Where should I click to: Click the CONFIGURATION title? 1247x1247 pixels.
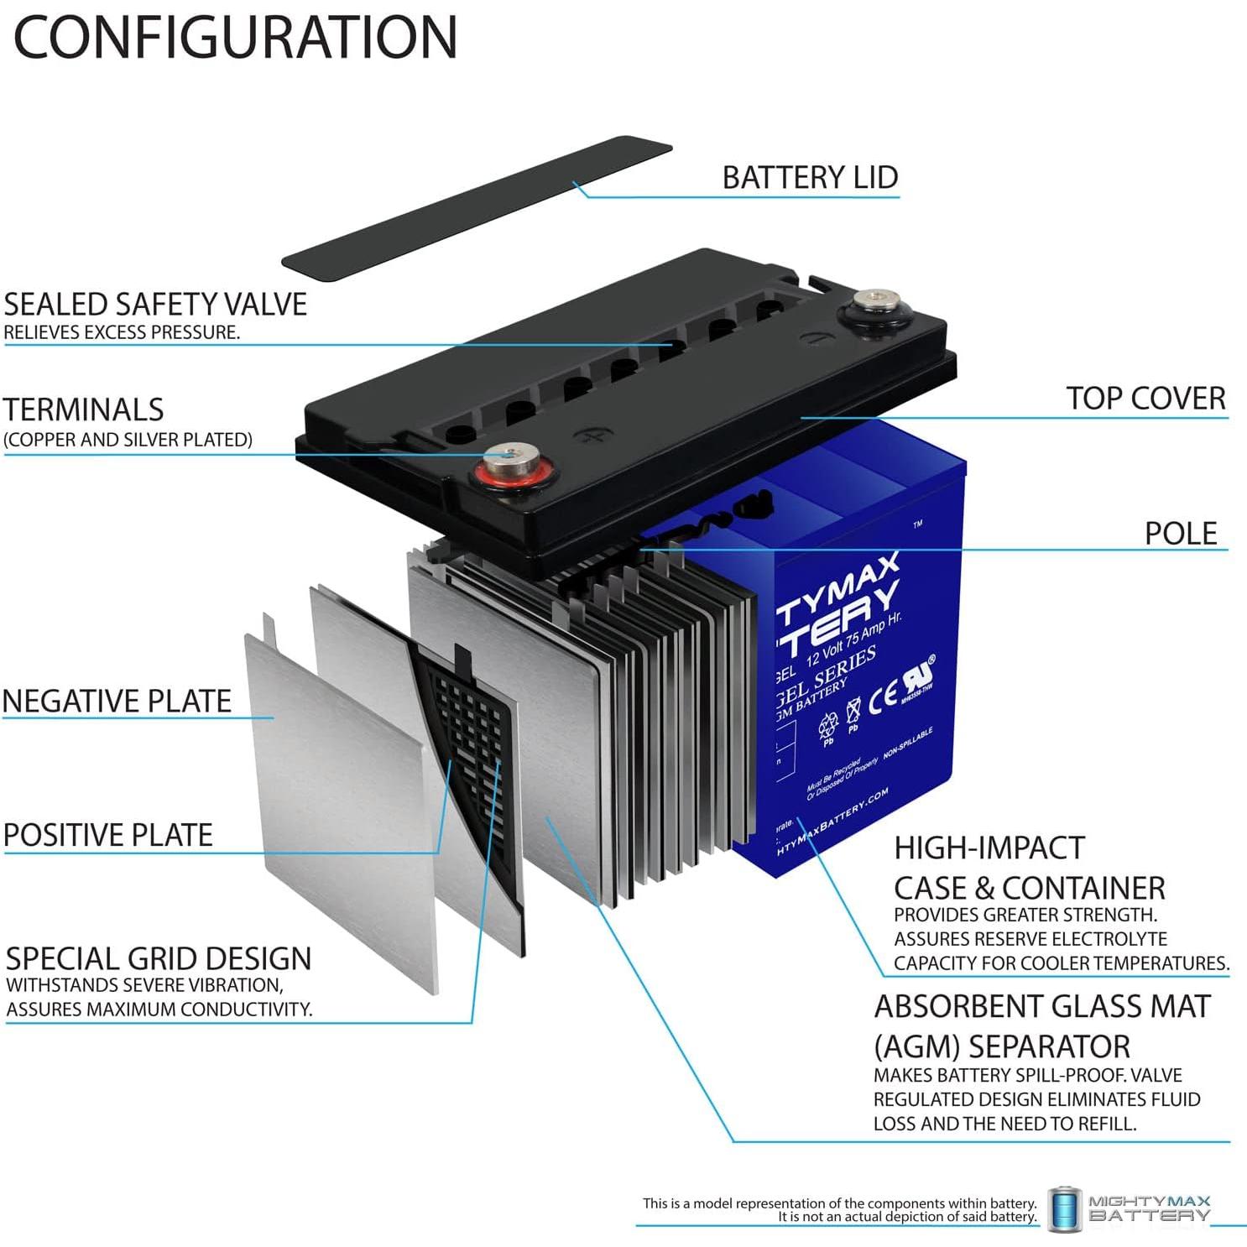(x=235, y=37)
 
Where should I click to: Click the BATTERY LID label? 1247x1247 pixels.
(x=810, y=177)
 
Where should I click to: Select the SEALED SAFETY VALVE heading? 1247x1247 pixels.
(x=155, y=304)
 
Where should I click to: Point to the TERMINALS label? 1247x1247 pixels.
(x=83, y=410)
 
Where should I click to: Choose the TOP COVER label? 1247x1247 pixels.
(x=1145, y=398)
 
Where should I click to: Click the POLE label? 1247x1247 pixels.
(x=1180, y=533)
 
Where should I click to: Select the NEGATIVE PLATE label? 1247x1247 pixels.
(x=117, y=701)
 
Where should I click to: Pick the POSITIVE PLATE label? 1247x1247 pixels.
(x=108, y=835)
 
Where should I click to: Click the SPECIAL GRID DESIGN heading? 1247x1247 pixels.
(x=159, y=958)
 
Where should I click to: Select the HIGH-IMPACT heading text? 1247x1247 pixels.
(x=989, y=848)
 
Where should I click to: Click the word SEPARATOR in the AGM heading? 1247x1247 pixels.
(x=1049, y=1046)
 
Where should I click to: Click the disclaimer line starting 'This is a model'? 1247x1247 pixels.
(x=839, y=1203)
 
